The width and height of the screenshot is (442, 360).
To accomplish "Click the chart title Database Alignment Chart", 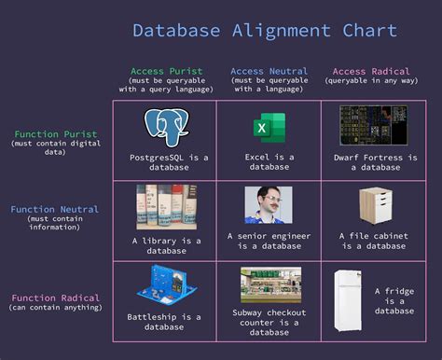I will pos(264,30).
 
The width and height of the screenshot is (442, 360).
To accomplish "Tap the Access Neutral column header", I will pos(269,71).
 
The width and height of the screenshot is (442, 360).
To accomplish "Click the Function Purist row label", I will pos(54,134).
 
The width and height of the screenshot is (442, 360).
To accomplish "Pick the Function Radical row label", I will pos(54,298).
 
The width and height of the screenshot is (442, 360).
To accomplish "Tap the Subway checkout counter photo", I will pos(269,285).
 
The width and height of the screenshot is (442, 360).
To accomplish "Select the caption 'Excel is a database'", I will pos(269,162).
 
